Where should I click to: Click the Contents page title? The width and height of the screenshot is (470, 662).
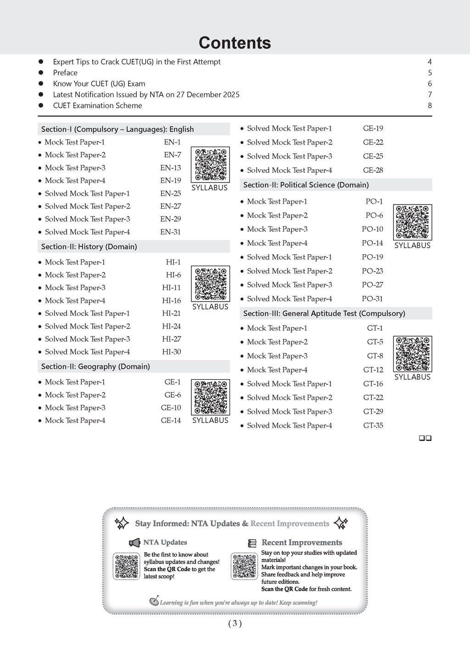tap(235, 43)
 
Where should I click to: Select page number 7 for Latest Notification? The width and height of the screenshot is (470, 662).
tap(430, 95)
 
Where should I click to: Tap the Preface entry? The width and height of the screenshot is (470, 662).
tap(65, 73)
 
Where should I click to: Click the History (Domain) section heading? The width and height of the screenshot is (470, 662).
tap(89, 246)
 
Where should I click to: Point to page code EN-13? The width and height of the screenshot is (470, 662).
tap(170, 168)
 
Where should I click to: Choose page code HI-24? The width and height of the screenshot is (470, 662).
tap(171, 326)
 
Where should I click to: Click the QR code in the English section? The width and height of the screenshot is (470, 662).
tap(210, 165)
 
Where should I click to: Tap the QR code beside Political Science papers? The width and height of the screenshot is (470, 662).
tap(413, 223)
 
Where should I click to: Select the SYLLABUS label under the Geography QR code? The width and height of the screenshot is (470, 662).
tap(210, 420)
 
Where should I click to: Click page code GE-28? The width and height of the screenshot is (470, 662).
tap(373, 170)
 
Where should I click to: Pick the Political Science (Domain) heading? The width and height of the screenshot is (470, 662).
tap(306, 185)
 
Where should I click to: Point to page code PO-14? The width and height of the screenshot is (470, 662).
tap(372, 243)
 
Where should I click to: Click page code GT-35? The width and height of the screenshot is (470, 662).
tap(373, 426)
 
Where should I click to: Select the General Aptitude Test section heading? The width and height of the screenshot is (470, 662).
tap(324, 314)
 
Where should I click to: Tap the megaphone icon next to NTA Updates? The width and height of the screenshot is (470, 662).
tap(134, 543)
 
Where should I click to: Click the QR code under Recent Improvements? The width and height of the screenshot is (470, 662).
tap(245, 566)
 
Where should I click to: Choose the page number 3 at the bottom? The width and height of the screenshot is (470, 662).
tap(235, 623)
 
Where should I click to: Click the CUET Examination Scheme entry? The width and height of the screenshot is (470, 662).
tap(97, 106)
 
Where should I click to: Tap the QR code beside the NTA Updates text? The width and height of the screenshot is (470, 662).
tap(126, 566)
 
